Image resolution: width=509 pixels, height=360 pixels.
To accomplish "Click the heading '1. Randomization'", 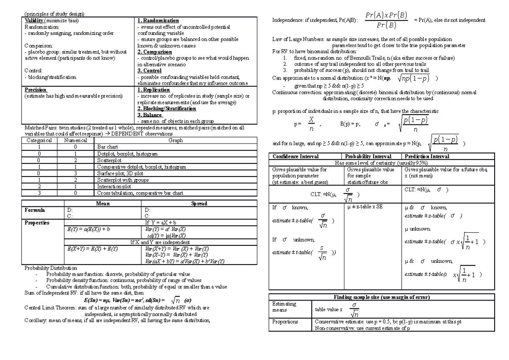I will coord(158,21).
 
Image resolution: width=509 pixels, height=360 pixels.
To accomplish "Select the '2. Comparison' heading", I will coord(154,52).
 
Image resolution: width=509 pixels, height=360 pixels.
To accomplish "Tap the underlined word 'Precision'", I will coord(35,90).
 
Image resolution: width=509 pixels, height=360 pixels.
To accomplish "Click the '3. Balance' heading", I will coord(150,115).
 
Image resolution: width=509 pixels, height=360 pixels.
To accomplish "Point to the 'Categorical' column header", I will coord(39,140).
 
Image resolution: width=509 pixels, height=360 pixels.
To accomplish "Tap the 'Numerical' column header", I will coord(75,140).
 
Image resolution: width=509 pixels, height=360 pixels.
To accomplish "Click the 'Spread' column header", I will coord(199,204).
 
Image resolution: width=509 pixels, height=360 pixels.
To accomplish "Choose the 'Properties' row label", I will coord(37,222).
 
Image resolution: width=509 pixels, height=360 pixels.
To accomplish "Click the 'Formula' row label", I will coord(34,210).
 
